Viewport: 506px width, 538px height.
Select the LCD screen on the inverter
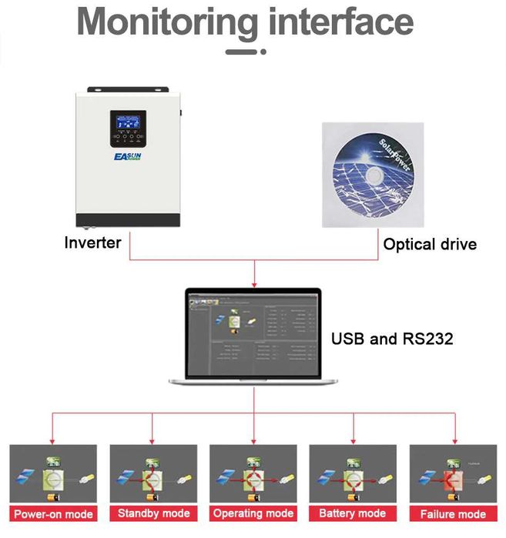coord(127,122)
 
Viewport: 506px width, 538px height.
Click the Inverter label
coord(92,243)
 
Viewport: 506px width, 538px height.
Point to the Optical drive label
coord(430,245)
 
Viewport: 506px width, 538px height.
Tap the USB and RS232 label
coord(390,339)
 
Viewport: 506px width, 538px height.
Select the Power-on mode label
coord(54,514)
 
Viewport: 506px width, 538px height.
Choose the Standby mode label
coord(153,513)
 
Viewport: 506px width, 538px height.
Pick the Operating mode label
coord(254,513)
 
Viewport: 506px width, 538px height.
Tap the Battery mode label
coord(352,513)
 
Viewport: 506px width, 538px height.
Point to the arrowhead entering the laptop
coord(253,284)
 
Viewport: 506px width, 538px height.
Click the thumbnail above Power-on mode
coord(53,474)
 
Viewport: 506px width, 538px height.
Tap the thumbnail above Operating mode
coord(253,474)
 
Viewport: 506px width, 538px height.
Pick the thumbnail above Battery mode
coord(353,474)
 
